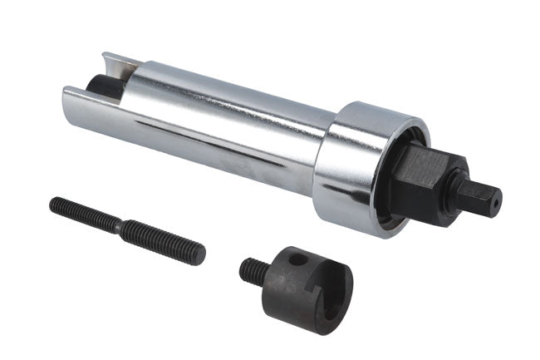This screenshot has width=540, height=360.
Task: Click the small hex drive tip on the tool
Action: click(484, 197)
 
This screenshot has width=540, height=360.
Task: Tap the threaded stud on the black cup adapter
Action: click(253, 270)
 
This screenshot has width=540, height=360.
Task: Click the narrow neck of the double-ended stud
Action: click(120, 226)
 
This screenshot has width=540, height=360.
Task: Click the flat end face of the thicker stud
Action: click(200, 255)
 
